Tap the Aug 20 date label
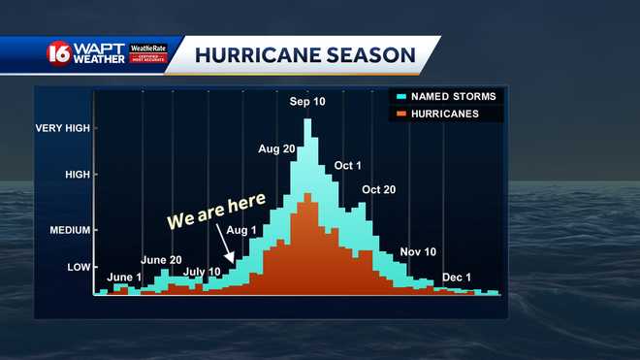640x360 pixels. coord(277,148)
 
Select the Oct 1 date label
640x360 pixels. coord(347,166)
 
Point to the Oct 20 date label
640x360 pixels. coord(378,189)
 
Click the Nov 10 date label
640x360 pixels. coord(418,251)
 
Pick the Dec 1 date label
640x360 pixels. coord(457,278)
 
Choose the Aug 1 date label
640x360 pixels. coord(242,230)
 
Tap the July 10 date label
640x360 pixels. coord(202,271)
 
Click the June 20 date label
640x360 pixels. coord(161,260)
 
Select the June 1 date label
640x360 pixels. coord(124,278)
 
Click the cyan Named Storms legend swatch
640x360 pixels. coord(400,97)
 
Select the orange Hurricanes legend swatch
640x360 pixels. coord(400,114)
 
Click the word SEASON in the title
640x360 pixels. coord(368,54)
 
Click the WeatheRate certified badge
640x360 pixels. coord(148,53)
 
